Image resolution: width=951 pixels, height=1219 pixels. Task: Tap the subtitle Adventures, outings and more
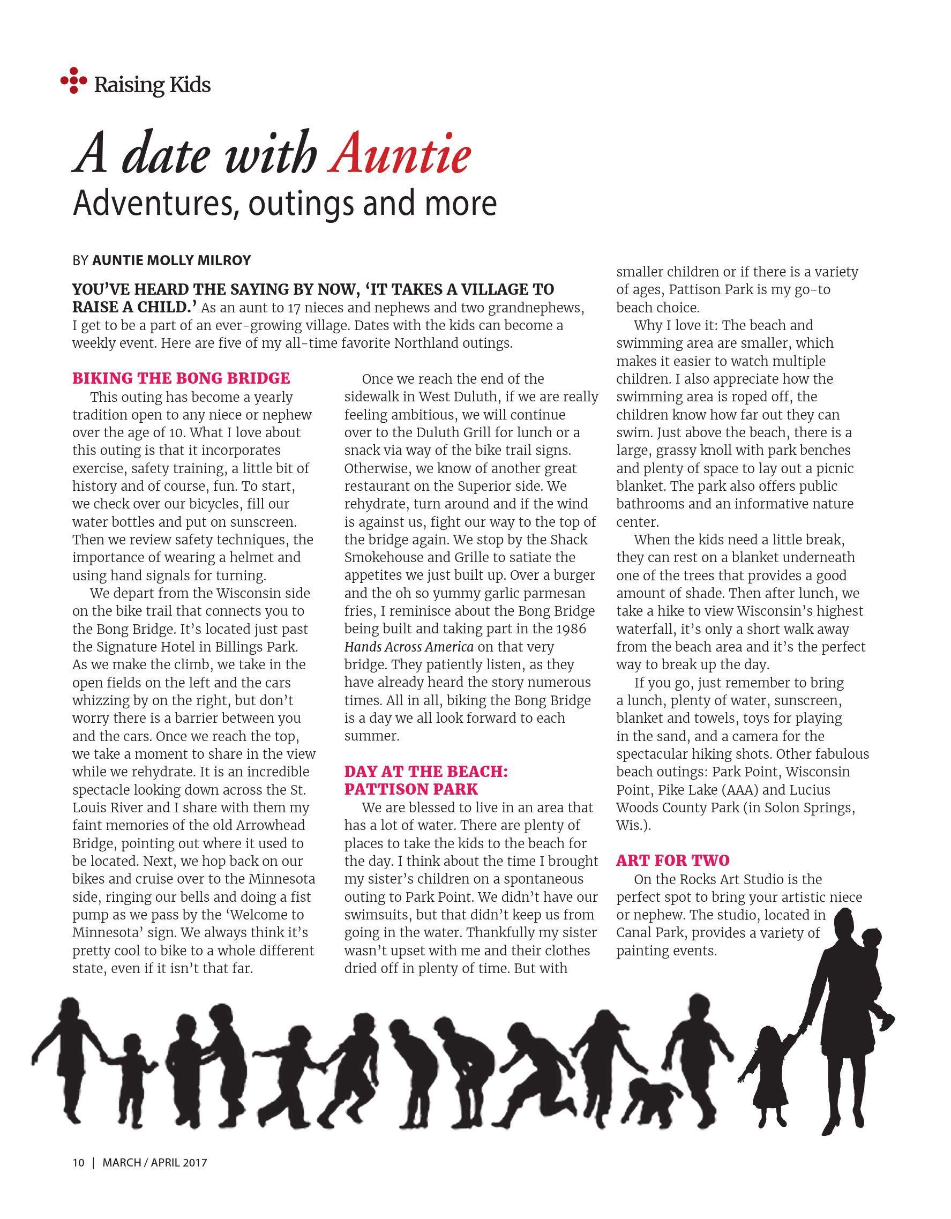pyautogui.click(x=284, y=204)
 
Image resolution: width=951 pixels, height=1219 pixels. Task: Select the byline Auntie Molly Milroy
pyautogui.click(x=171, y=260)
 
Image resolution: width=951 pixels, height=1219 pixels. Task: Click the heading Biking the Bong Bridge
pyautogui.click(x=182, y=378)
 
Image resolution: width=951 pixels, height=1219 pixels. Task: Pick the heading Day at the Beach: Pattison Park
pyautogui.click(x=426, y=780)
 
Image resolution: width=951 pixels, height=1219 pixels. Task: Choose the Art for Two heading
pyautogui.click(x=672, y=860)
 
